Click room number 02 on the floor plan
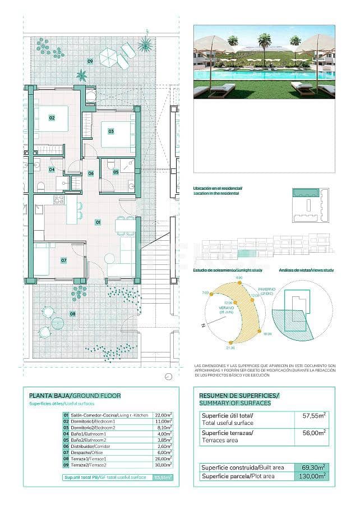(52, 118)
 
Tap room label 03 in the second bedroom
(111, 131)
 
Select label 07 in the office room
(64, 260)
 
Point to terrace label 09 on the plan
(90, 61)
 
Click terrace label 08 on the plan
(72, 314)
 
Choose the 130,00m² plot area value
(312, 476)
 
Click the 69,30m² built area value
(312, 467)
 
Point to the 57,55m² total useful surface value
(312, 415)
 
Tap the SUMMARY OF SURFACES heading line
(235, 403)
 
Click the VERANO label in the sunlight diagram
(224, 307)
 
